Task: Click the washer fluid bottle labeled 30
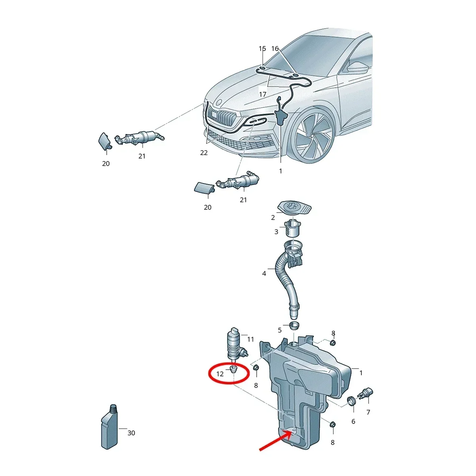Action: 109,427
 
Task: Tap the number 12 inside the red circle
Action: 220,374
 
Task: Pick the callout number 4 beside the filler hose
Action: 264,273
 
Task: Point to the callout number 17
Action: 263,94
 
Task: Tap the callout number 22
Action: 204,153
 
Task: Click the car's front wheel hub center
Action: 313,135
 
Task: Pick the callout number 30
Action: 131,433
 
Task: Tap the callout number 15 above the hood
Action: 262,48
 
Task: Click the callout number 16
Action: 275,48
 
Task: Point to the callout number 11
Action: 250,340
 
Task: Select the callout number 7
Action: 368,412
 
